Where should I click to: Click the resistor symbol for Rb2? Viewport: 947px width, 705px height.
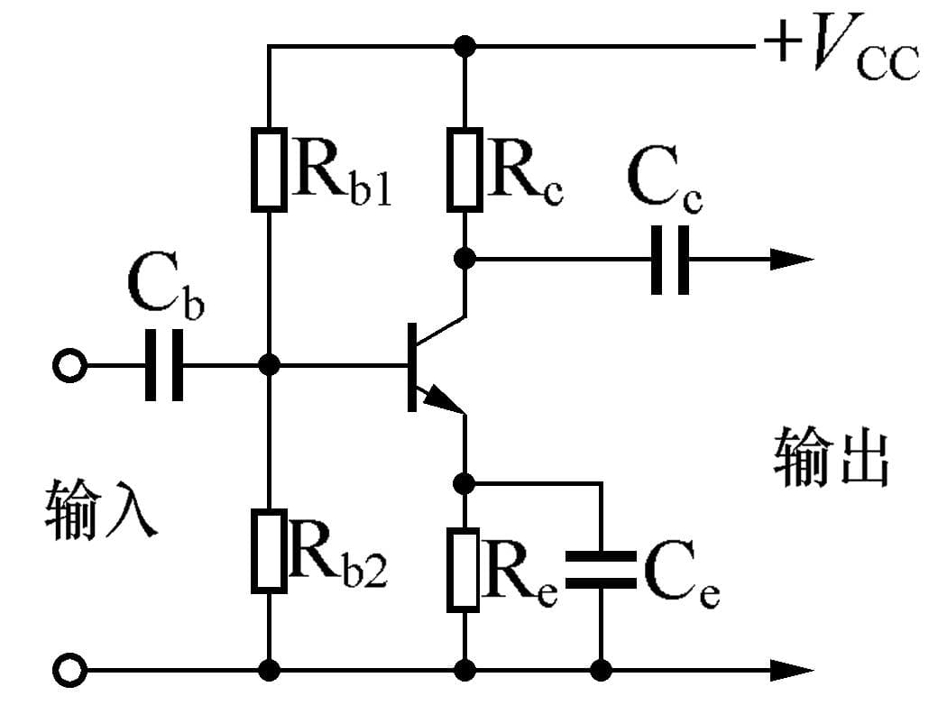pyautogui.click(x=269, y=550)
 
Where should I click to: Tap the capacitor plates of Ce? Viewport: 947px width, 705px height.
pyautogui.click(x=600, y=571)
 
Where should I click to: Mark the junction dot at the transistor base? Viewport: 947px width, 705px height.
pyautogui.click(x=269, y=365)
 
